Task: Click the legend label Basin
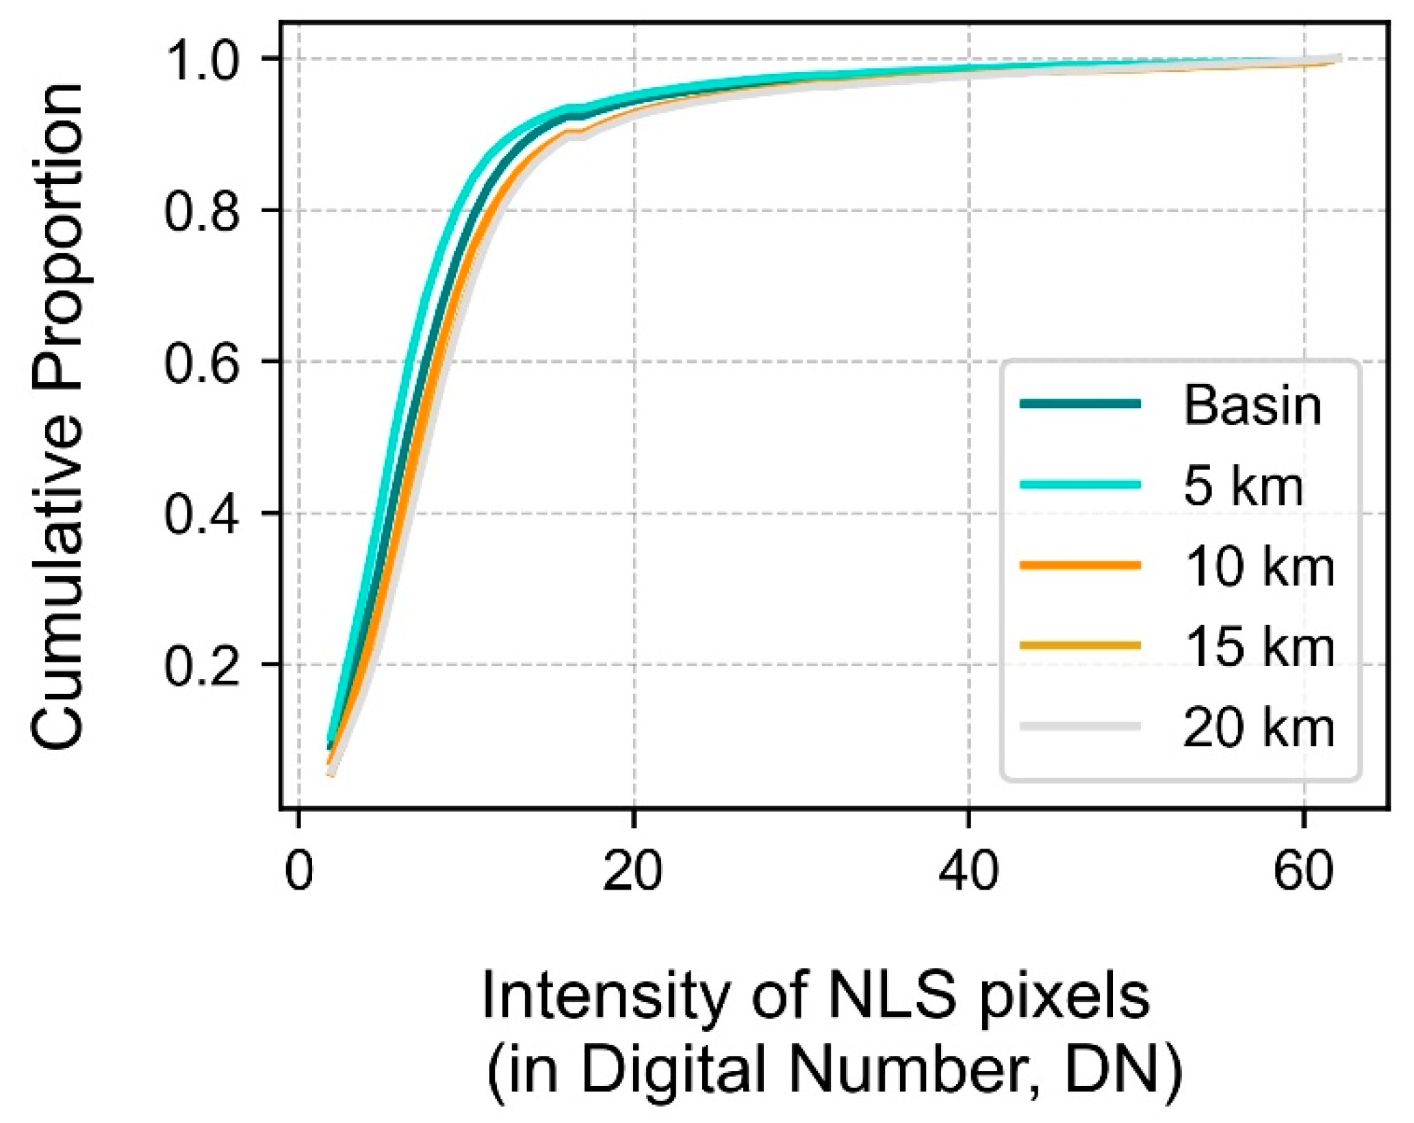pyautogui.click(x=1252, y=406)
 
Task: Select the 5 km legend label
pyautogui.click(x=1243, y=487)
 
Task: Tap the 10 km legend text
pyautogui.click(x=1259, y=567)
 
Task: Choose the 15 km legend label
pyautogui.click(x=1259, y=647)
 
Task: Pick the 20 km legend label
pyautogui.click(x=1259, y=728)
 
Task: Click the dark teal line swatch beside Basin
pyautogui.click(x=1080, y=404)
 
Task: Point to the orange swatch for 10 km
pyautogui.click(x=1080, y=565)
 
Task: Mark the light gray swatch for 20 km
pyautogui.click(x=1080, y=726)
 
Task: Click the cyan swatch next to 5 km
pyautogui.click(x=1080, y=485)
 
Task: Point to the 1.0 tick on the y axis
pyautogui.click(x=202, y=60)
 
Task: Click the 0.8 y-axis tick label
pyautogui.click(x=202, y=211)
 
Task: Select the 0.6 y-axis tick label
pyautogui.click(x=202, y=363)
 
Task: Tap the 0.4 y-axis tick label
pyautogui.click(x=202, y=514)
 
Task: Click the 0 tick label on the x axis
pyautogui.click(x=299, y=873)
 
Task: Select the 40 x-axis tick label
pyautogui.click(x=968, y=873)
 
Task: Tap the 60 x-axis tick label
pyautogui.click(x=1303, y=873)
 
